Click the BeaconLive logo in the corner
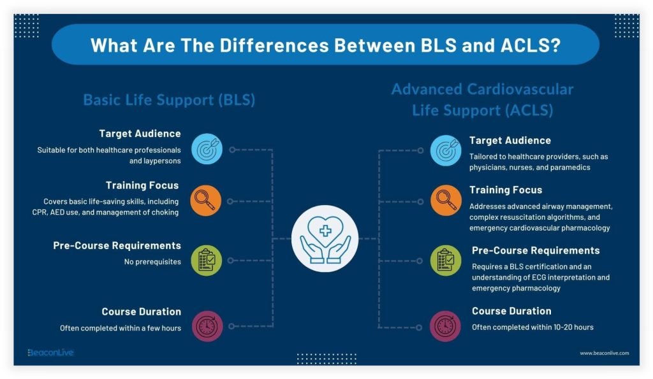click(50, 352)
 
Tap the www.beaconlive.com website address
click(605, 353)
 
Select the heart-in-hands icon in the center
click(325, 238)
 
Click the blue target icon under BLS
click(207, 149)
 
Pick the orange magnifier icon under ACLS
click(446, 201)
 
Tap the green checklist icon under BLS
click(207, 261)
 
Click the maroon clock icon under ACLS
click(445, 326)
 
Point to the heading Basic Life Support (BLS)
click(169, 100)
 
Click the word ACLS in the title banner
click(531, 45)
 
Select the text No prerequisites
click(152, 262)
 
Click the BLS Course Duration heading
click(141, 311)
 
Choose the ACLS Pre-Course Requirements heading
click(536, 250)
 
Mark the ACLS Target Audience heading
click(510, 141)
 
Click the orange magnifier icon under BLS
click(206, 201)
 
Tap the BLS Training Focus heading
click(142, 185)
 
